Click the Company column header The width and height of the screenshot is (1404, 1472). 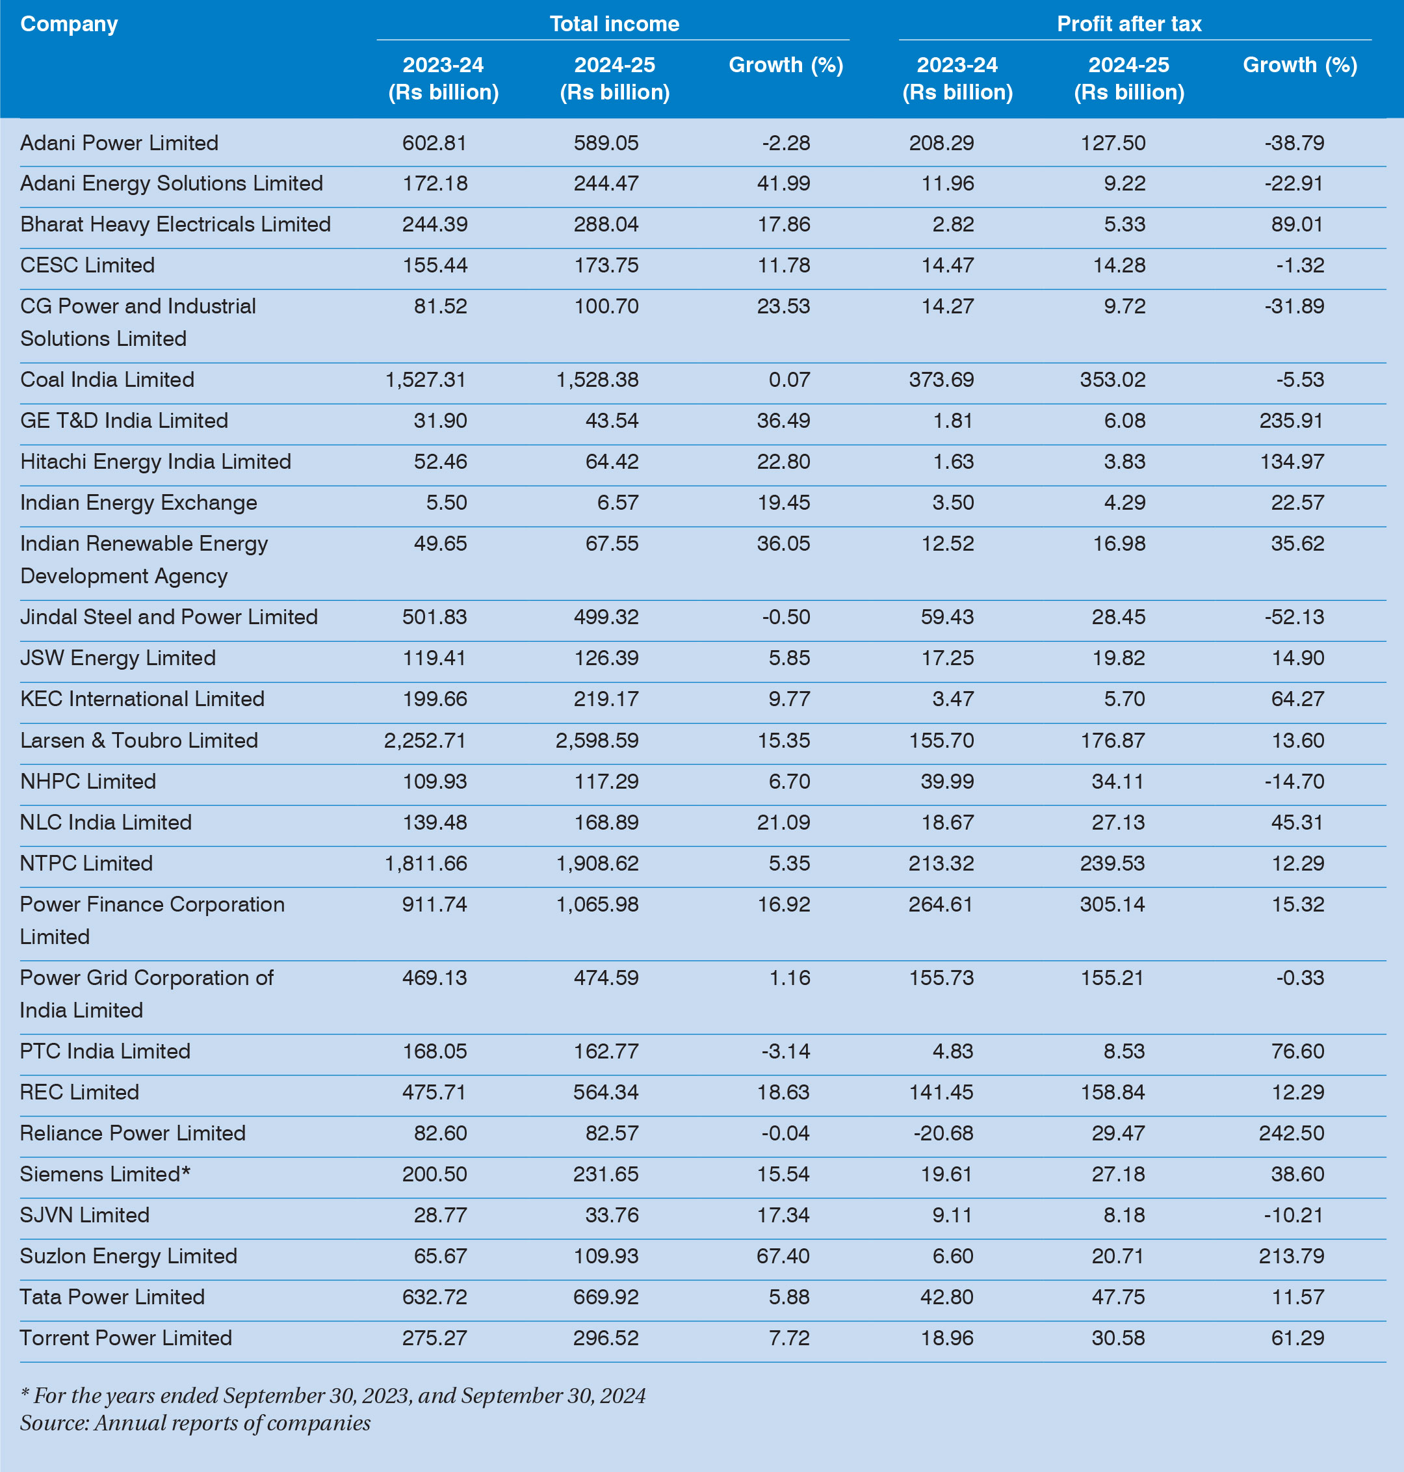69,24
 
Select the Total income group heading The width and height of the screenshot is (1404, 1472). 614,24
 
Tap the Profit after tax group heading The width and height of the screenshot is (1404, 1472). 1128,24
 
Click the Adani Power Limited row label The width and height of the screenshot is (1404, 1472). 119,143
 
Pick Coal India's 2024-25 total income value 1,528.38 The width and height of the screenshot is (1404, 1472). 597,380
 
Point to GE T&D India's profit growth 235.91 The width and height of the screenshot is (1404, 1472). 1291,421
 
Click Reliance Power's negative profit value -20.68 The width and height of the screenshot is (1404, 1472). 943,1133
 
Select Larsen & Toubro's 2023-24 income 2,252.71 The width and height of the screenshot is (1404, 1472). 425,741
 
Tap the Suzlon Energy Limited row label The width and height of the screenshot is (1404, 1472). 128,1255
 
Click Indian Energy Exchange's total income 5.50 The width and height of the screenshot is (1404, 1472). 446,503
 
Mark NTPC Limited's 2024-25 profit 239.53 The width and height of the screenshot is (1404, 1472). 1112,863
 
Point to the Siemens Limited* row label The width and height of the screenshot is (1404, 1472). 105,1174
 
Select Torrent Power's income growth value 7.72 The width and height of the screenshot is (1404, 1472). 789,1338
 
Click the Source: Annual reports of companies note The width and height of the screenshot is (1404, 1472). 194,1423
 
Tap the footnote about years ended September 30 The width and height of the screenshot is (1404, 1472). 333,1396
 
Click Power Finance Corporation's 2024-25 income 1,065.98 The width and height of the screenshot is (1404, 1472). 597,904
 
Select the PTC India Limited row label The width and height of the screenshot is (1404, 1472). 105,1051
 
